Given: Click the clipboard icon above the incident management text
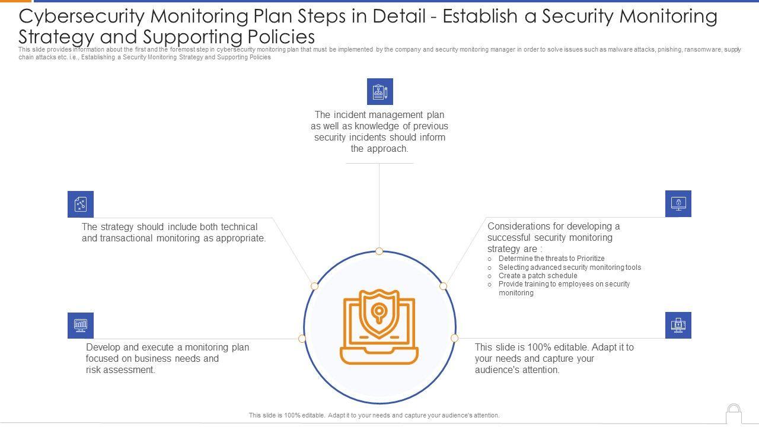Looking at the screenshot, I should click(x=379, y=92).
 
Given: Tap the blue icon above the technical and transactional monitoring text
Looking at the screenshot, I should click(x=81, y=205).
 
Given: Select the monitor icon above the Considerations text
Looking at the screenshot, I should click(x=678, y=203).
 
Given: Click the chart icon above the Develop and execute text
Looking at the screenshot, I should click(x=81, y=325).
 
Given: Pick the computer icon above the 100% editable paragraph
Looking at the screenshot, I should click(x=678, y=325).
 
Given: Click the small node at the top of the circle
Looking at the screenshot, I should click(x=379, y=251).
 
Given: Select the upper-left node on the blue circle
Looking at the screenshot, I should click(x=314, y=286).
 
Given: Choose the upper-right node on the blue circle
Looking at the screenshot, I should click(x=443, y=286).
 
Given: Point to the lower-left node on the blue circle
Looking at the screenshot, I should click(x=302, y=339).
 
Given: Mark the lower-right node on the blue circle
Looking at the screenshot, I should click(x=454, y=338).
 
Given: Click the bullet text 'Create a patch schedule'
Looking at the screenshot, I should click(x=538, y=276).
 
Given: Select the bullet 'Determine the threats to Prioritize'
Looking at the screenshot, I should click(x=551, y=259).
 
